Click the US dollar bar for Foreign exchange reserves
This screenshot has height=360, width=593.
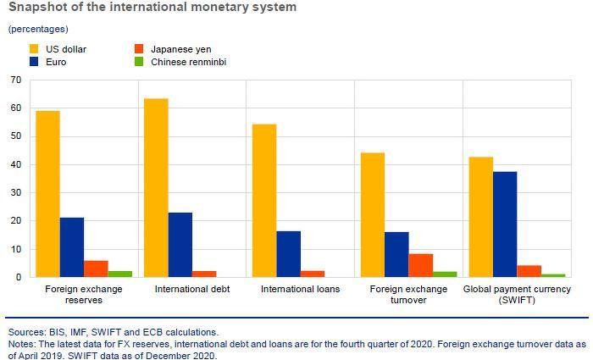pos(47,194)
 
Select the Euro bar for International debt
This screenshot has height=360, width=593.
pos(180,245)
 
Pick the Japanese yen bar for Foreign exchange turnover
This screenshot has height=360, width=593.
pos(421,265)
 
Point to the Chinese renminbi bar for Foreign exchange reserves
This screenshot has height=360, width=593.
pos(119,274)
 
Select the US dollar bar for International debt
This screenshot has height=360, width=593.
pos(156,188)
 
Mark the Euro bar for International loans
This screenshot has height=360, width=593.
pos(288,254)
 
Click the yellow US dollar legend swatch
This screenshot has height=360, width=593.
pos(34,49)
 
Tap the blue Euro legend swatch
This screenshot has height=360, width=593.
pos(34,62)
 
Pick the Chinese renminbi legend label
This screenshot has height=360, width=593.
pos(188,62)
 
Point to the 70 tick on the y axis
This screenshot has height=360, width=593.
pos(15,80)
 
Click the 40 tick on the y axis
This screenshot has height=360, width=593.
pos(15,164)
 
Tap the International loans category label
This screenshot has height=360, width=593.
pos(300,290)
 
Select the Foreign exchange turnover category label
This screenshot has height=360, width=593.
pos(408,295)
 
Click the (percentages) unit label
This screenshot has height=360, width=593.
pos(38,29)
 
